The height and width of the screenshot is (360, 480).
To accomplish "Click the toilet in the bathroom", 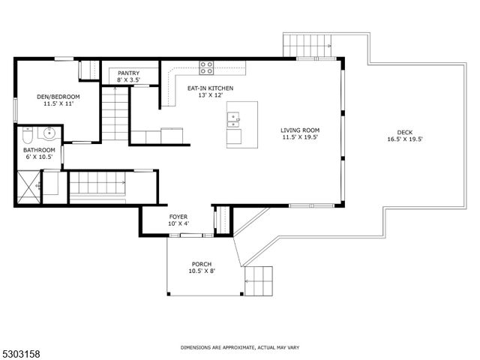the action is [x=28, y=135].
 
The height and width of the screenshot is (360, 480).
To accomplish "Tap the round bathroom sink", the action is [x=49, y=133].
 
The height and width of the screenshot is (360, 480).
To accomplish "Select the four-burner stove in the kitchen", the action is [x=206, y=67].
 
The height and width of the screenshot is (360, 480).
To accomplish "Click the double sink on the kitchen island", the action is [x=233, y=120].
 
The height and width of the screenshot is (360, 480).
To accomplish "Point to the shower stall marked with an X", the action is [x=28, y=187].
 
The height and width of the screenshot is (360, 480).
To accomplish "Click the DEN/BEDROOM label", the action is [x=58, y=97].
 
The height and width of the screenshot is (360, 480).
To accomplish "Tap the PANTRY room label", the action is [x=128, y=73].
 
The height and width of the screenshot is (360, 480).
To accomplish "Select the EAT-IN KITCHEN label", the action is [x=210, y=88].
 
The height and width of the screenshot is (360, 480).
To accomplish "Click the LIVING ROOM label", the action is [x=300, y=130].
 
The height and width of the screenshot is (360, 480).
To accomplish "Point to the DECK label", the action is [x=405, y=132].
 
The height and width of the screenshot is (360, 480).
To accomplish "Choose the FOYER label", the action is [x=178, y=217].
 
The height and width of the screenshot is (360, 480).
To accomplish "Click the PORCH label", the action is [x=202, y=264].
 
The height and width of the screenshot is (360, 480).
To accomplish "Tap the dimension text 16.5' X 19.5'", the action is [x=405, y=139].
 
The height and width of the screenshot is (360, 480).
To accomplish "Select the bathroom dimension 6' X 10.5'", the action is [x=38, y=157].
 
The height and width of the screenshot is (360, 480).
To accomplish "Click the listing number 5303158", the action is [x=20, y=354].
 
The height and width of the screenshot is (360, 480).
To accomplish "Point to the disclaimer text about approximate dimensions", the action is [x=240, y=347].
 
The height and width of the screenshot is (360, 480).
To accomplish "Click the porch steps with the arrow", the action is [x=258, y=281].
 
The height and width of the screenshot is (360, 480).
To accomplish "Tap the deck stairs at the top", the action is [x=307, y=45].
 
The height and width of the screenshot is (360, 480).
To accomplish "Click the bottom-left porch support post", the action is [x=168, y=294].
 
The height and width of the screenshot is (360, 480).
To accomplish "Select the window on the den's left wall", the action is [x=15, y=110].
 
